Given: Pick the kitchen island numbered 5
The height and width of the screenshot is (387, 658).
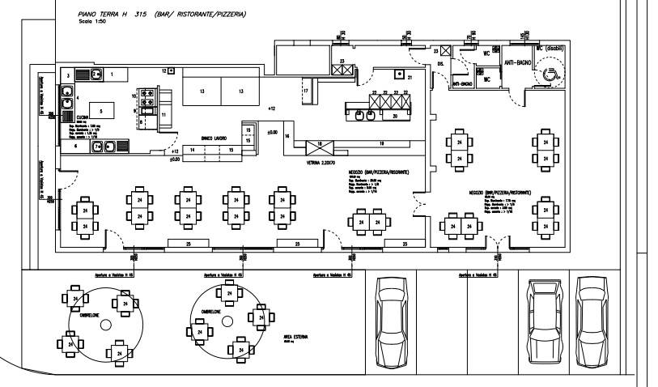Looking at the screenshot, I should [x=100, y=111].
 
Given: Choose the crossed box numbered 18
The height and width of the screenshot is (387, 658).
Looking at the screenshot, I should [x=319, y=147].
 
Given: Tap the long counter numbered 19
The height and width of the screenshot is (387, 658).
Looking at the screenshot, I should [x=381, y=144].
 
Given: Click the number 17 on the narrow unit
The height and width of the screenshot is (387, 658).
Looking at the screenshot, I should [x=306, y=91].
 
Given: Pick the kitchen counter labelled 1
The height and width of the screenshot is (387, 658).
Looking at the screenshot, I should [x=112, y=74].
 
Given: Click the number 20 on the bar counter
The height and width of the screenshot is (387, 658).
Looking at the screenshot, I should [x=394, y=116].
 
